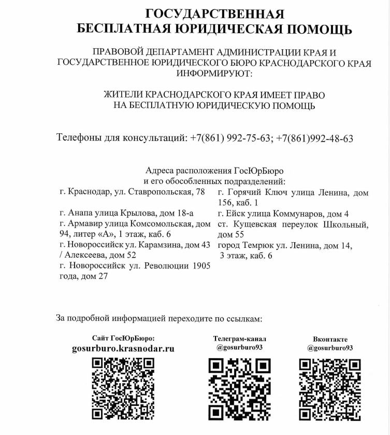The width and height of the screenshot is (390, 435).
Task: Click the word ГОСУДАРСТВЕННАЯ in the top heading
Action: tap(214, 13)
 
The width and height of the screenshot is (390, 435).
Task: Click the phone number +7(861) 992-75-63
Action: tap(230, 138)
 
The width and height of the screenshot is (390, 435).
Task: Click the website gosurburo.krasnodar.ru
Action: tap(123, 348)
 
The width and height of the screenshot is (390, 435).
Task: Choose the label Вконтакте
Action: tap(330, 339)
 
